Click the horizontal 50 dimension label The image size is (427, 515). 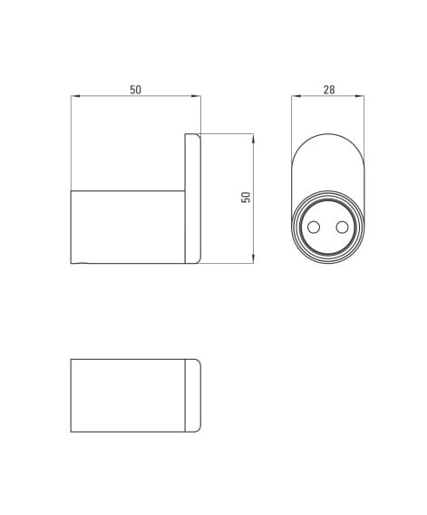click(135, 90)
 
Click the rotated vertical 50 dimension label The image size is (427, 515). click(246, 197)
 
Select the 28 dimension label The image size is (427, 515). click(329, 90)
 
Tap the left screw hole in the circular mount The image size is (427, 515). click(314, 227)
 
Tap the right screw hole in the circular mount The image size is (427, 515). click(342, 227)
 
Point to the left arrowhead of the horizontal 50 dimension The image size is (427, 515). click(75, 96)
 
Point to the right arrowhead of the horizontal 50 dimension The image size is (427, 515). click(197, 96)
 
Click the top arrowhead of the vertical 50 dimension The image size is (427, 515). click(253, 139)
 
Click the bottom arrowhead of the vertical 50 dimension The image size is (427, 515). click(253, 258)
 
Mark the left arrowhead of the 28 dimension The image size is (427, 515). click(296, 96)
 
